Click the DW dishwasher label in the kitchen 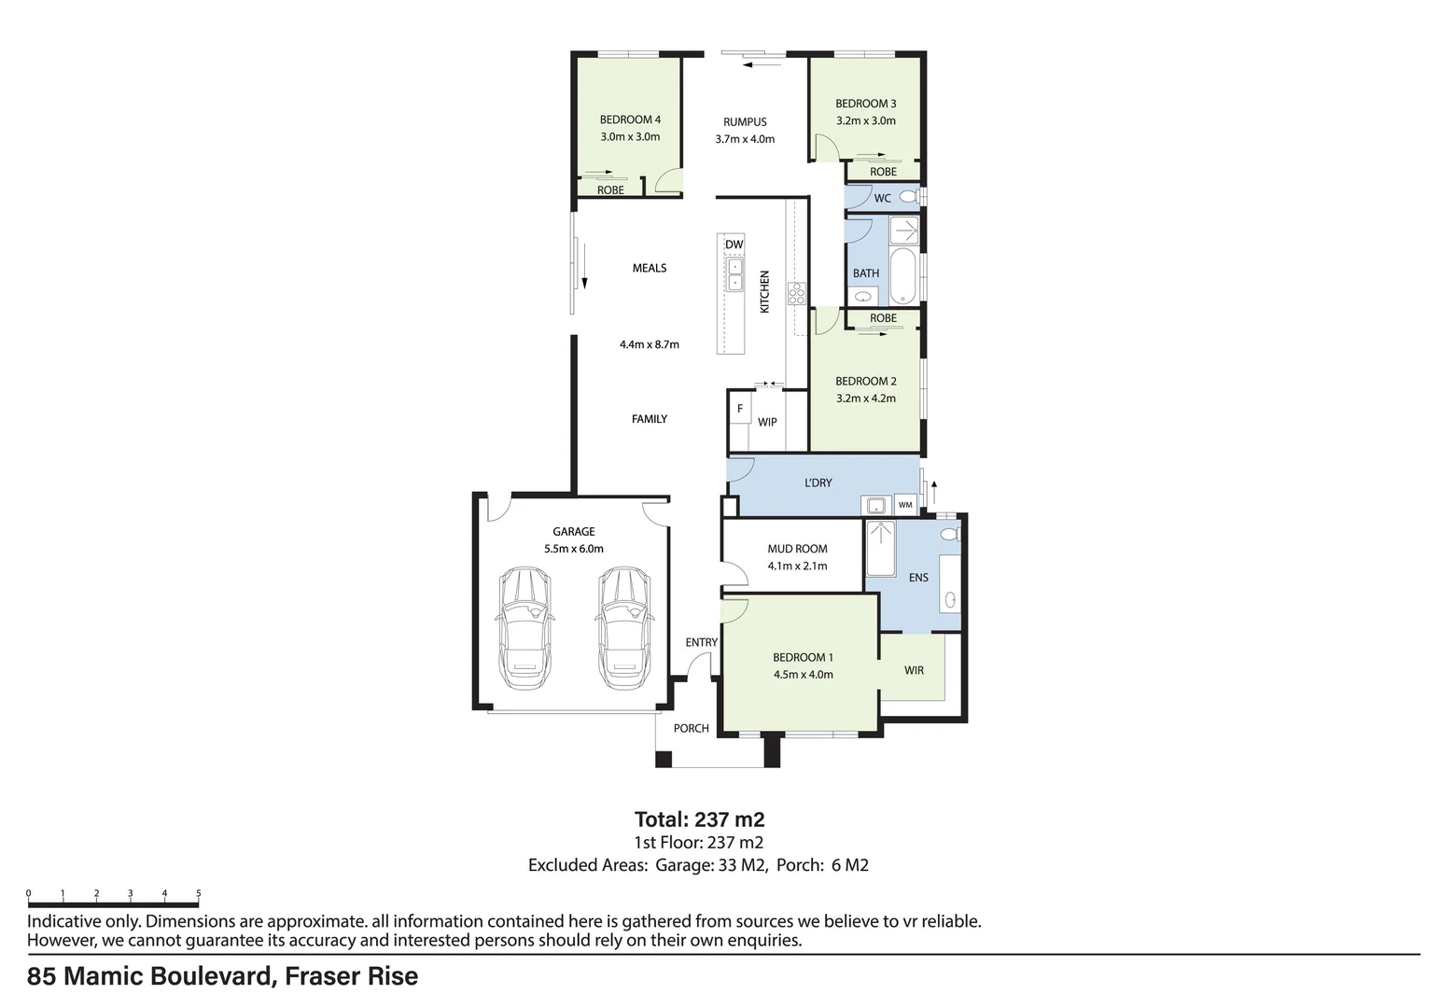pyautogui.click(x=734, y=245)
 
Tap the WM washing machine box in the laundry pyautogui.click(x=905, y=505)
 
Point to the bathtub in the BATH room pyautogui.click(x=903, y=276)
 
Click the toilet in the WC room pyautogui.click(x=915, y=197)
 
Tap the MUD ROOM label pyautogui.click(x=797, y=549)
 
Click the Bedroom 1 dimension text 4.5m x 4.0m pyautogui.click(x=803, y=674)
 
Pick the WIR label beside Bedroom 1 pyautogui.click(x=914, y=670)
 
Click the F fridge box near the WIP pyautogui.click(x=740, y=409)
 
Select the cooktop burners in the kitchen pyautogui.click(x=797, y=294)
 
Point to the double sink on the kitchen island pyautogui.click(x=734, y=273)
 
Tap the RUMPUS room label pyautogui.click(x=745, y=122)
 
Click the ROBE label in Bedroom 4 pyautogui.click(x=610, y=190)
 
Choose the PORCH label pyautogui.click(x=692, y=728)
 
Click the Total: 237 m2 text pyautogui.click(x=699, y=819)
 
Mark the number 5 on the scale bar pyautogui.click(x=198, y=893)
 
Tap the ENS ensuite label pyautogui.click(x=918, y=578)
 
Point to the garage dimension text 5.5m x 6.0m pyautogui.click(x=573, y=549)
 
